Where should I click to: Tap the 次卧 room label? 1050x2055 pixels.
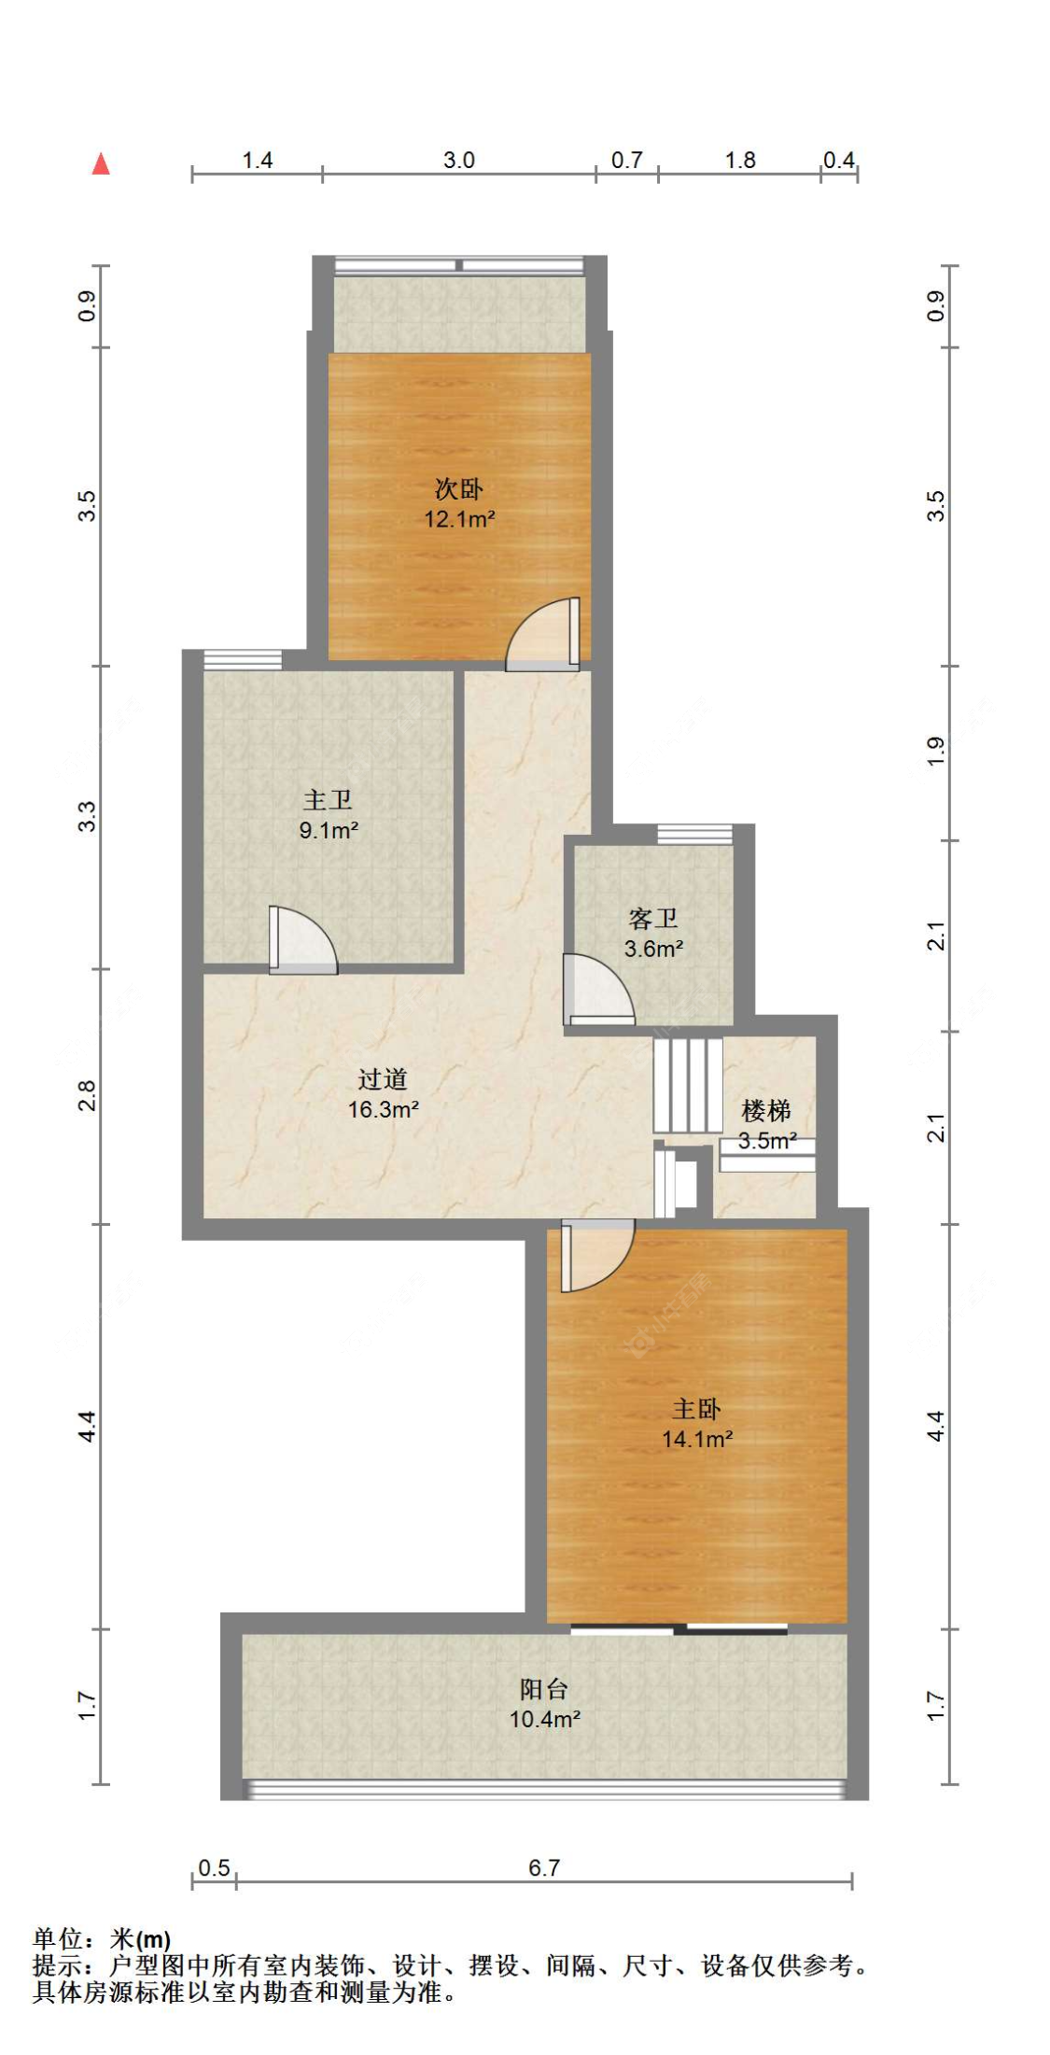pos(459,488)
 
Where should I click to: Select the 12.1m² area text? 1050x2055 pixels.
pos(459,519)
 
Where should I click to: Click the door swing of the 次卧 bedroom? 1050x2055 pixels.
pos(542,634)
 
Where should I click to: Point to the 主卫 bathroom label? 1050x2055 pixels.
pos(328,799)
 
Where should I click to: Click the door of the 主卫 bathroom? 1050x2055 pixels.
pos(303,940)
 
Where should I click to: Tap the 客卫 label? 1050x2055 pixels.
pos(653,919)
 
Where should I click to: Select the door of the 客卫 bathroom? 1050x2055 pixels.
pos(598,989)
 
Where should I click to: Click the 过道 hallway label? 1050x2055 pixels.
pos(383,1079)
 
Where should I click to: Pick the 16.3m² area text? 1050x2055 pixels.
pos(383,1109)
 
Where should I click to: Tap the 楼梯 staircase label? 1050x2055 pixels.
pos(766,1110)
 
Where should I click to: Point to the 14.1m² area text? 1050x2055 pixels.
pos(697,1439)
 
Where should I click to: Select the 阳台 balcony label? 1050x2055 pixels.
pos(544,1688)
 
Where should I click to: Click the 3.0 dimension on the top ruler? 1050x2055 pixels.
pos(459,160)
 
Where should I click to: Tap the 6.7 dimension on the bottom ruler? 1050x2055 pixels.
pos(544,1867)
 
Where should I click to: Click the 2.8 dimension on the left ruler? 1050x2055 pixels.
pos(87,1095)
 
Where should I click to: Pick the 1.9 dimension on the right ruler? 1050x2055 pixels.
pos(936,752)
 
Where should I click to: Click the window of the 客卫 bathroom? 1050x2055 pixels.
pos(694,835)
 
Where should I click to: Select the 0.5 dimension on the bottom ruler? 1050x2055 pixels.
pos(214,1867)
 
